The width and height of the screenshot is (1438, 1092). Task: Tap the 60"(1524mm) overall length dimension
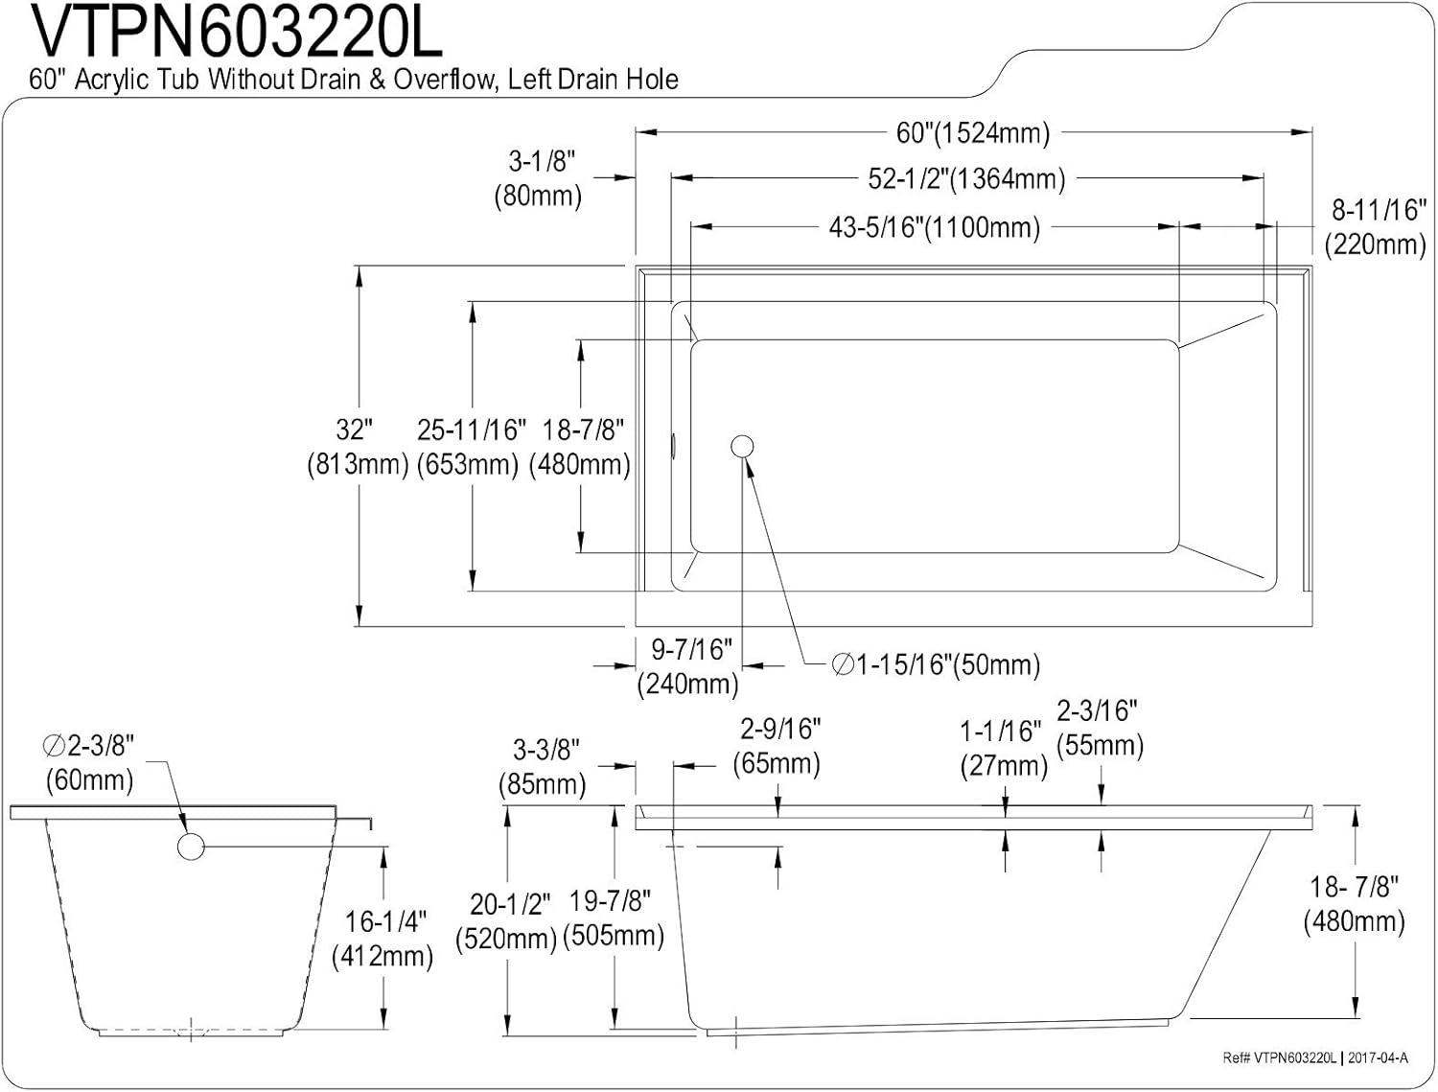[x=973, y=133]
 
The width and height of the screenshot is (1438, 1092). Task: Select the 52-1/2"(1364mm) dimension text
[x=966, y=179]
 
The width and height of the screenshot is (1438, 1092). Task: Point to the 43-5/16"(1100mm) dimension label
[x=934, y=227]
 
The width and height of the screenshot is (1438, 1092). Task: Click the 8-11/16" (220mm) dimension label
[x=1375, y=227]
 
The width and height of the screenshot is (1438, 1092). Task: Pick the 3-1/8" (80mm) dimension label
[x=538, y=179]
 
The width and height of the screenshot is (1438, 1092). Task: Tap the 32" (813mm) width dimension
[x=358, y=448]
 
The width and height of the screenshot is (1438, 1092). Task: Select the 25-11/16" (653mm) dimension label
[x=470, y=448]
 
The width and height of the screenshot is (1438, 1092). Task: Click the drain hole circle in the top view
[x=742, y=447]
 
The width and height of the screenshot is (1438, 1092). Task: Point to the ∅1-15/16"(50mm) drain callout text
[x=936, y=665]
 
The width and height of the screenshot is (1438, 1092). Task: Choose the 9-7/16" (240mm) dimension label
[x=688, y=667]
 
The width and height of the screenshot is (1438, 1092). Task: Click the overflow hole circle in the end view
[x=191, y=847]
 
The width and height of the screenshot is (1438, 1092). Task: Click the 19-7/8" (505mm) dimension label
[x=614, y=918]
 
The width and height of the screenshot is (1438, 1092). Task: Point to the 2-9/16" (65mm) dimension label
[x=777, y=746]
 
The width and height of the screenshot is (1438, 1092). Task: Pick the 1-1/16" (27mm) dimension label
[x=1004, y=749]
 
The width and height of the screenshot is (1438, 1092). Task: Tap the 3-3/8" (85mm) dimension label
[x=544, y=767]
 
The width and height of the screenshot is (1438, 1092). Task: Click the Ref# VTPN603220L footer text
[x=1280, y=1057]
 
